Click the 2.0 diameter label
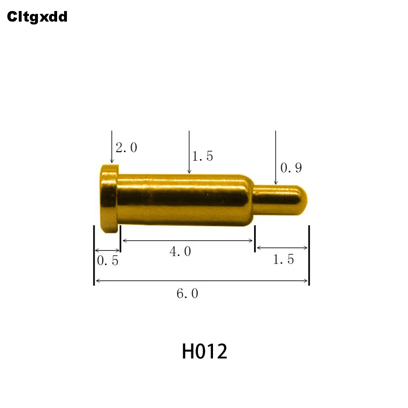click(x=126, y=148)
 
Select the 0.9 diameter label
click(x=291, y=168)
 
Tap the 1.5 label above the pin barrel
click(x=203, y=156)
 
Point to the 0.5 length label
click(x=108, y=260)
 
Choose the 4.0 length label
click(x=180, y=252)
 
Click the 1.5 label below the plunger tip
click(x=283, y=259)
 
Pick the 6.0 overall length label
click(x=187, y=293)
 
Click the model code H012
click(x=204, y=351)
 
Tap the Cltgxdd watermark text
click(x=37, y=17)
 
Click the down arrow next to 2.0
click(x=112, y=147)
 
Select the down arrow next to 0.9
click(x=276, y=157)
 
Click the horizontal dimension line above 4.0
click(x=188, y=241)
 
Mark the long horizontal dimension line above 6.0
click(x=201, y=281)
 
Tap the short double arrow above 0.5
click(x=107, y=250)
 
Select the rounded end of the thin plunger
click(x=301, y=200)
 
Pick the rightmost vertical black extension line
click(x=309, y=255)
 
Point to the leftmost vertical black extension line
click(x=94, y=255)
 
